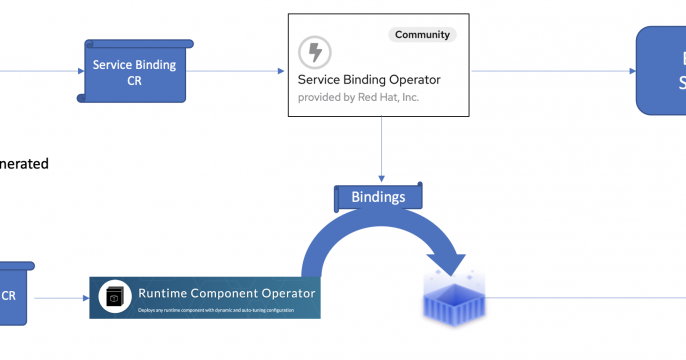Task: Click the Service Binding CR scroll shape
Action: [x=134, y=71]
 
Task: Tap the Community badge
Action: [x=421, y=34]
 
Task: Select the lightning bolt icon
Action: [x=315, y=52]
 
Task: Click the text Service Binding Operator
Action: [x=369, y=79]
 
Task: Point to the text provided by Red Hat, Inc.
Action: [x=359, y=98]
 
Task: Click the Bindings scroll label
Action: [x=378, y=196]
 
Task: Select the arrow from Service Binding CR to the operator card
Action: [x=236, y=71]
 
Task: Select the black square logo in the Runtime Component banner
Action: [x=115, y=297]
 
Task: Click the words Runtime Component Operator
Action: [x=226, y=293]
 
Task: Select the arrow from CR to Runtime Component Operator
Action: [x=62, y=297]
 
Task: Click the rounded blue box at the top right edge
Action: [x=662, y=71]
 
